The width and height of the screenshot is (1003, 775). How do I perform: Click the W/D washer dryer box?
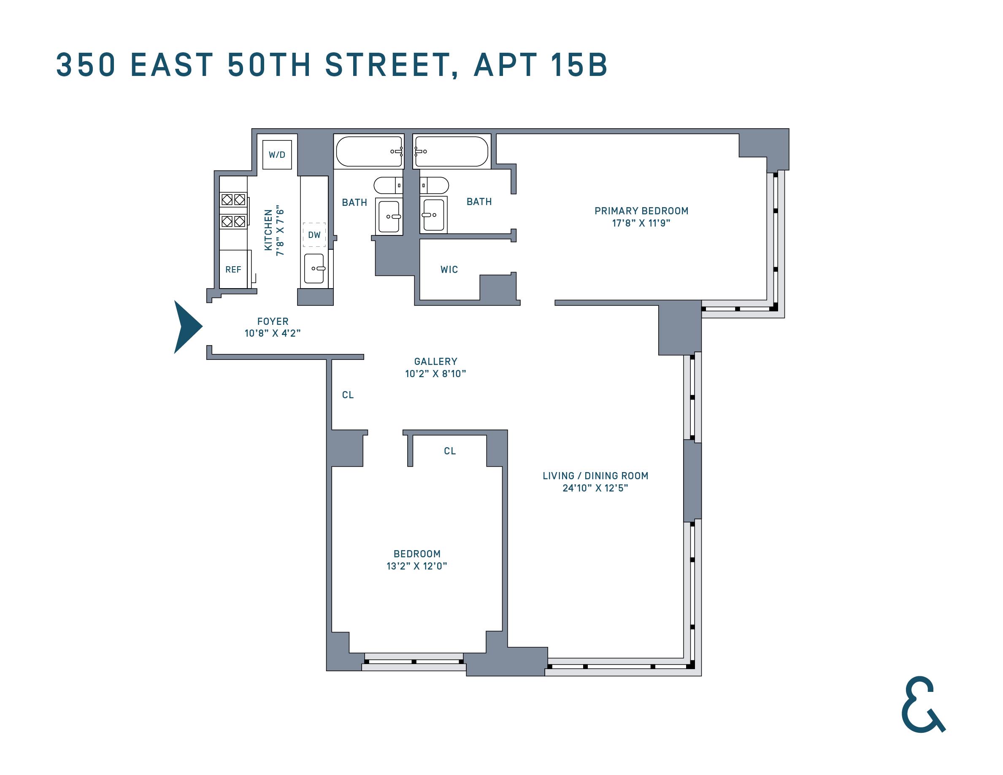(x=277, y=155)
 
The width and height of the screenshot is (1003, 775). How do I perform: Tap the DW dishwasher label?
(x=314, y=235)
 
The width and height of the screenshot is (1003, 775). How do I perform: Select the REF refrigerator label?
(x=233, y=270)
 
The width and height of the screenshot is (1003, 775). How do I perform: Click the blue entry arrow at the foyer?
(x=187, y=327)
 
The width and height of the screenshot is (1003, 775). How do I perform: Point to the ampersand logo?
(x=922, y=704)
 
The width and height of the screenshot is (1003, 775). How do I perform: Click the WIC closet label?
(x=449, y=270)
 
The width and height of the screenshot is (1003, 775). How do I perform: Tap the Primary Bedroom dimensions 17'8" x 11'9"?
(x=641, y=223)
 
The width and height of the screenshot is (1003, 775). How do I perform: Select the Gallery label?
(x=435, y=361)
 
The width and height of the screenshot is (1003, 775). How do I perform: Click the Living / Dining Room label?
(x=595, y=475)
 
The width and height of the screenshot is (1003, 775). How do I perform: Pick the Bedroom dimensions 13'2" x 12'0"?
(x=416, y=566)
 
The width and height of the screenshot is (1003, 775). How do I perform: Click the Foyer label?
(x=273, y=321)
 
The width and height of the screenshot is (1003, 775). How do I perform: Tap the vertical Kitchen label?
(x=268, y=230)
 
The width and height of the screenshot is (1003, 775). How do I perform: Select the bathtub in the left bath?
(x=369, y=151)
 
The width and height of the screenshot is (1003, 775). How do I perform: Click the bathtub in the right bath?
(x=451, y=151)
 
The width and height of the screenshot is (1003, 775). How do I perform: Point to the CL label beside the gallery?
(x=348, y=395)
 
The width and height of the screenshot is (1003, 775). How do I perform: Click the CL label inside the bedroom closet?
(x=450, y=451)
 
